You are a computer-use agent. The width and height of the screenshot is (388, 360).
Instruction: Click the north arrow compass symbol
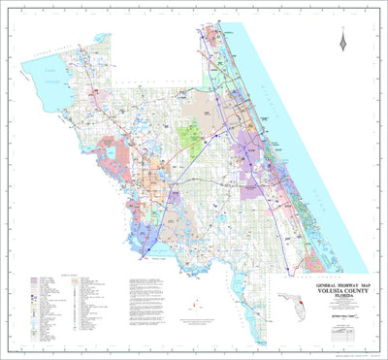click(x=341, y=41)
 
